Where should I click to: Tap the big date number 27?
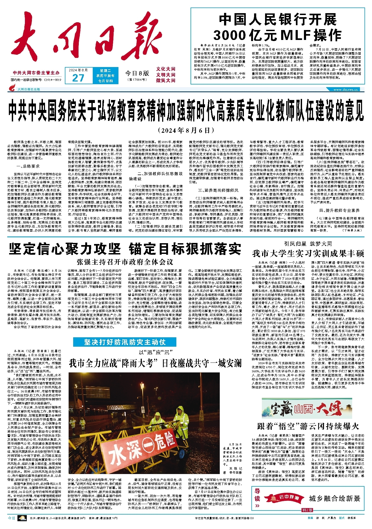78,78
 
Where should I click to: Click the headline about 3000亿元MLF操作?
277,28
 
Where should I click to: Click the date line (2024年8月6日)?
186,131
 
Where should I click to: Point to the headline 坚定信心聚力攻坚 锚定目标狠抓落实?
125,249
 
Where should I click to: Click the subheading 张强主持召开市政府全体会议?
125,262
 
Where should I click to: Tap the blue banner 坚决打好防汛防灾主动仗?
125,342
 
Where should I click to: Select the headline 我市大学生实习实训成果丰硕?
308,253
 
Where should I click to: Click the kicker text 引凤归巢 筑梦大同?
308,244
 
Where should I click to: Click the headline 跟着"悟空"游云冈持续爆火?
308,426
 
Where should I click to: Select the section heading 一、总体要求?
28,166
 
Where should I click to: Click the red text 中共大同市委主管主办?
36,73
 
